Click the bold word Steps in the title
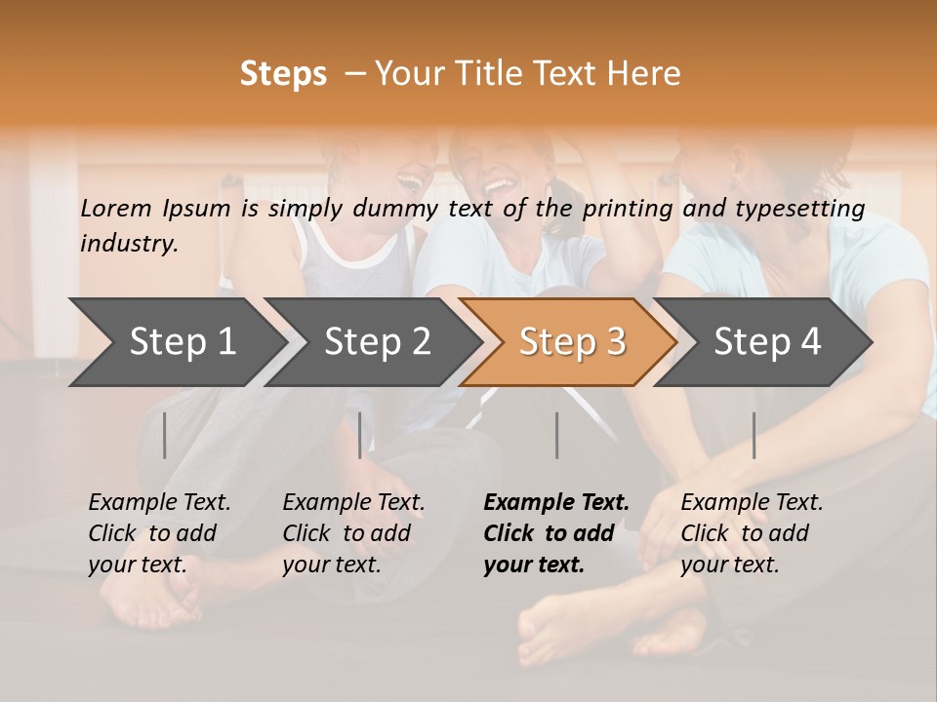point(283,74)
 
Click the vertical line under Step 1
point(165,435)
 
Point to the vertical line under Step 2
point(360,435)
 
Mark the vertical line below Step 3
point(557,435)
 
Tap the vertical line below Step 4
point(754,435)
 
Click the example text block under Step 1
point(159,533)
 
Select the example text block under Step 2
point(353,533)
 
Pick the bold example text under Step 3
point(556,533)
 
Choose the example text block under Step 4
point(752,533)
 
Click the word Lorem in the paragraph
point(116,208)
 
